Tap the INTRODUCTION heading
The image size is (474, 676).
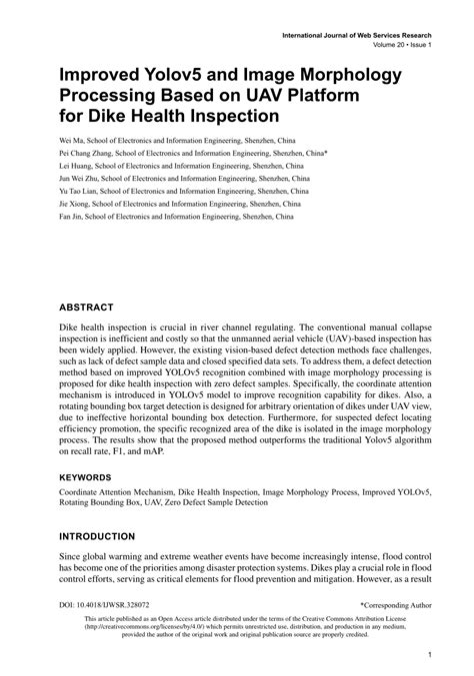tap(94, 535)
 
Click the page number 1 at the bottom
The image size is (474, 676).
tap(427, 655)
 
